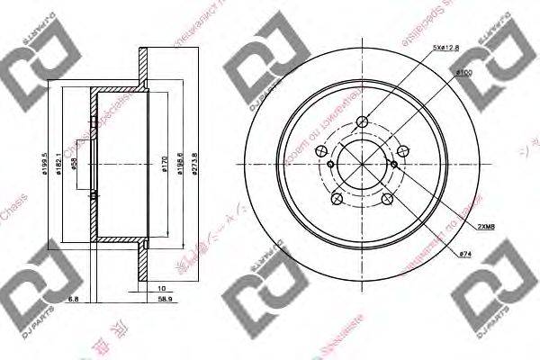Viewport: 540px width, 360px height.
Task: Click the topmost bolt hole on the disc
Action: click(x=363, y=123)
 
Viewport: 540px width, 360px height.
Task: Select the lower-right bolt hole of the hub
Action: click(x=388, y=200)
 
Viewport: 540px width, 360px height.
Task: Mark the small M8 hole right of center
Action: click(x=395, y=165)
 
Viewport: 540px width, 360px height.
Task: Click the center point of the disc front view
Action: click(x=363, y=166)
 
